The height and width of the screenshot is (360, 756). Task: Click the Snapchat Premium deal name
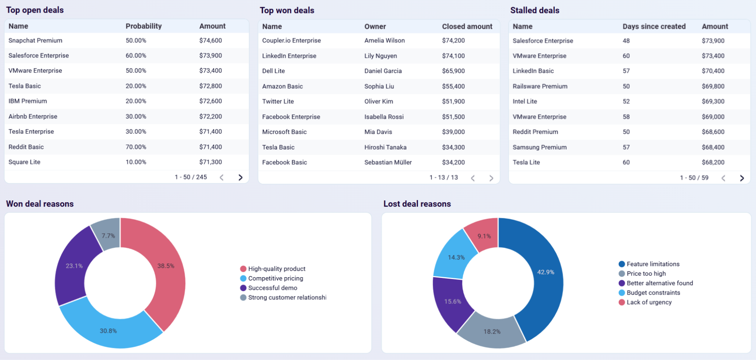(35, 40)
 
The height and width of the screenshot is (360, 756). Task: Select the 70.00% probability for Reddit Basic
(136, 147)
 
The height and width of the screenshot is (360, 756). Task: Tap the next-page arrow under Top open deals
(241, 177)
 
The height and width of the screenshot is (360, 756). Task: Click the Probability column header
(143, 26)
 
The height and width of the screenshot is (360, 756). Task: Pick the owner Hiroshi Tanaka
(385, 147)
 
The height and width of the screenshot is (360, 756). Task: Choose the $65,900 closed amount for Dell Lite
(453, 71)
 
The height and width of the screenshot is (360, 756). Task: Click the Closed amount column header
(467, 26)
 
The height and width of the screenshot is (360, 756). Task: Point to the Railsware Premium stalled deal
(540, 86)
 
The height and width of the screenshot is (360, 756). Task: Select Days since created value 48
(626, 40)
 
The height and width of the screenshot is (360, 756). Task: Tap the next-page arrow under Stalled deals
(742, 178)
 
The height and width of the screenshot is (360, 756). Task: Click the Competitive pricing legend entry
(275, 278)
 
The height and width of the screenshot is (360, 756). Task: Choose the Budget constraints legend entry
(653, 293)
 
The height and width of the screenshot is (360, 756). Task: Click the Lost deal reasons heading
(417, 204)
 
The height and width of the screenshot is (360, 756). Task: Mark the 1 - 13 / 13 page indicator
(443, 177)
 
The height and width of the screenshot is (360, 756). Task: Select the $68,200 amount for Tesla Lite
(713, 162)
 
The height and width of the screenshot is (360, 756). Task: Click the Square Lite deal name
(24, 162)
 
